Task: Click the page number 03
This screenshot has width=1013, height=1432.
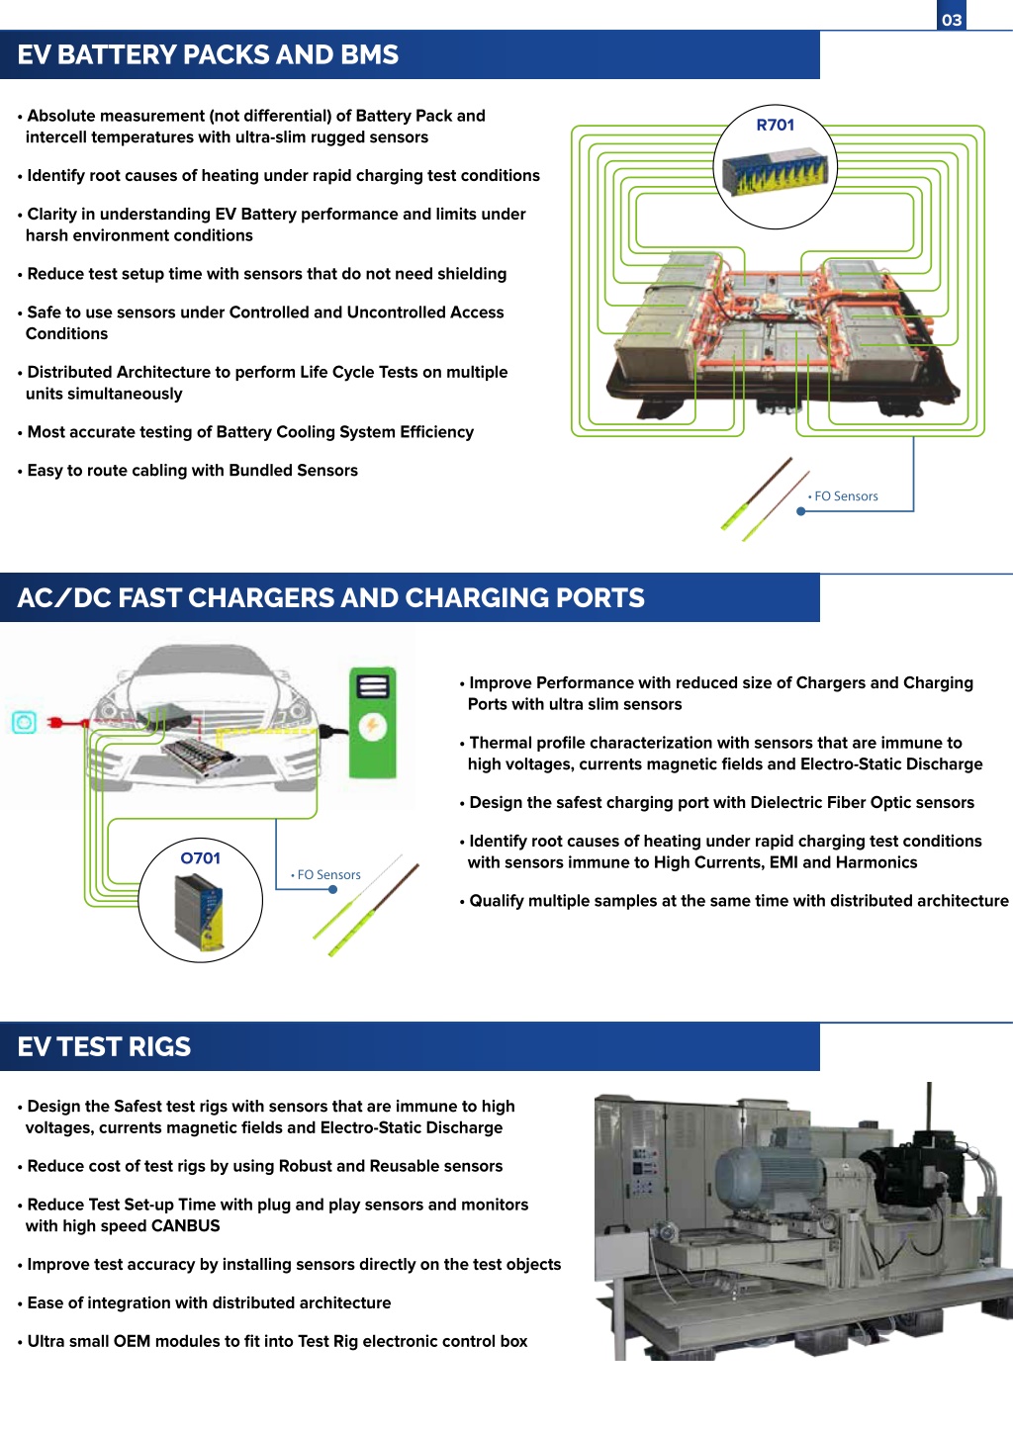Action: point(952,20)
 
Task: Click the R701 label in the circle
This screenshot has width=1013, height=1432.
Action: point(776,125)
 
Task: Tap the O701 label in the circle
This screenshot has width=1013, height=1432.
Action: point(200,858)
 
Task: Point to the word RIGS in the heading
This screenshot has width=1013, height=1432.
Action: point(159,1046)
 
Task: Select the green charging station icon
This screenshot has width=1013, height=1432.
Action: point(373,722)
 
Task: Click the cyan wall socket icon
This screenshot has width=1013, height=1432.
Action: point(25,722)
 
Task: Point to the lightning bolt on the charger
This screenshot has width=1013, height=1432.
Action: point(372,726)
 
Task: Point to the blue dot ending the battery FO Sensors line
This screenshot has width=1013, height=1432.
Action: point(800,511)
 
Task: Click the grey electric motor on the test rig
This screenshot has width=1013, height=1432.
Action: point(768,1175)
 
